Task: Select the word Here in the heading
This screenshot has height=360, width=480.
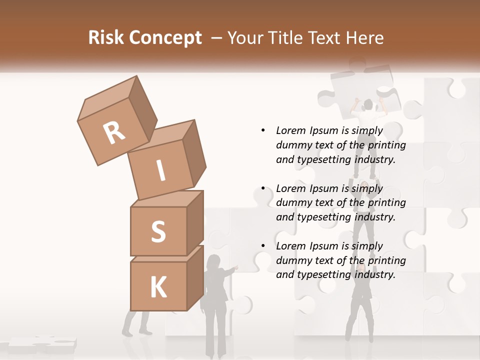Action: coord(364,38)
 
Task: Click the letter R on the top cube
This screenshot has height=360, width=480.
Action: coord(114,133)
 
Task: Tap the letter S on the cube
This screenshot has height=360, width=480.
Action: coord(158,231)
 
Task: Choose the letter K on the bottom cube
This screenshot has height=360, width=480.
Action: coord(158,287)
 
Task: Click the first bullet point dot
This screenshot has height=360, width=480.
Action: coord(263,130)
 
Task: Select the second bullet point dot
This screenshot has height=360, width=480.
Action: coord(263,188)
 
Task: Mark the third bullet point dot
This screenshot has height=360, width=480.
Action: coord(263,246)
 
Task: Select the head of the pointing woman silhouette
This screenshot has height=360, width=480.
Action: coord(213,261)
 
